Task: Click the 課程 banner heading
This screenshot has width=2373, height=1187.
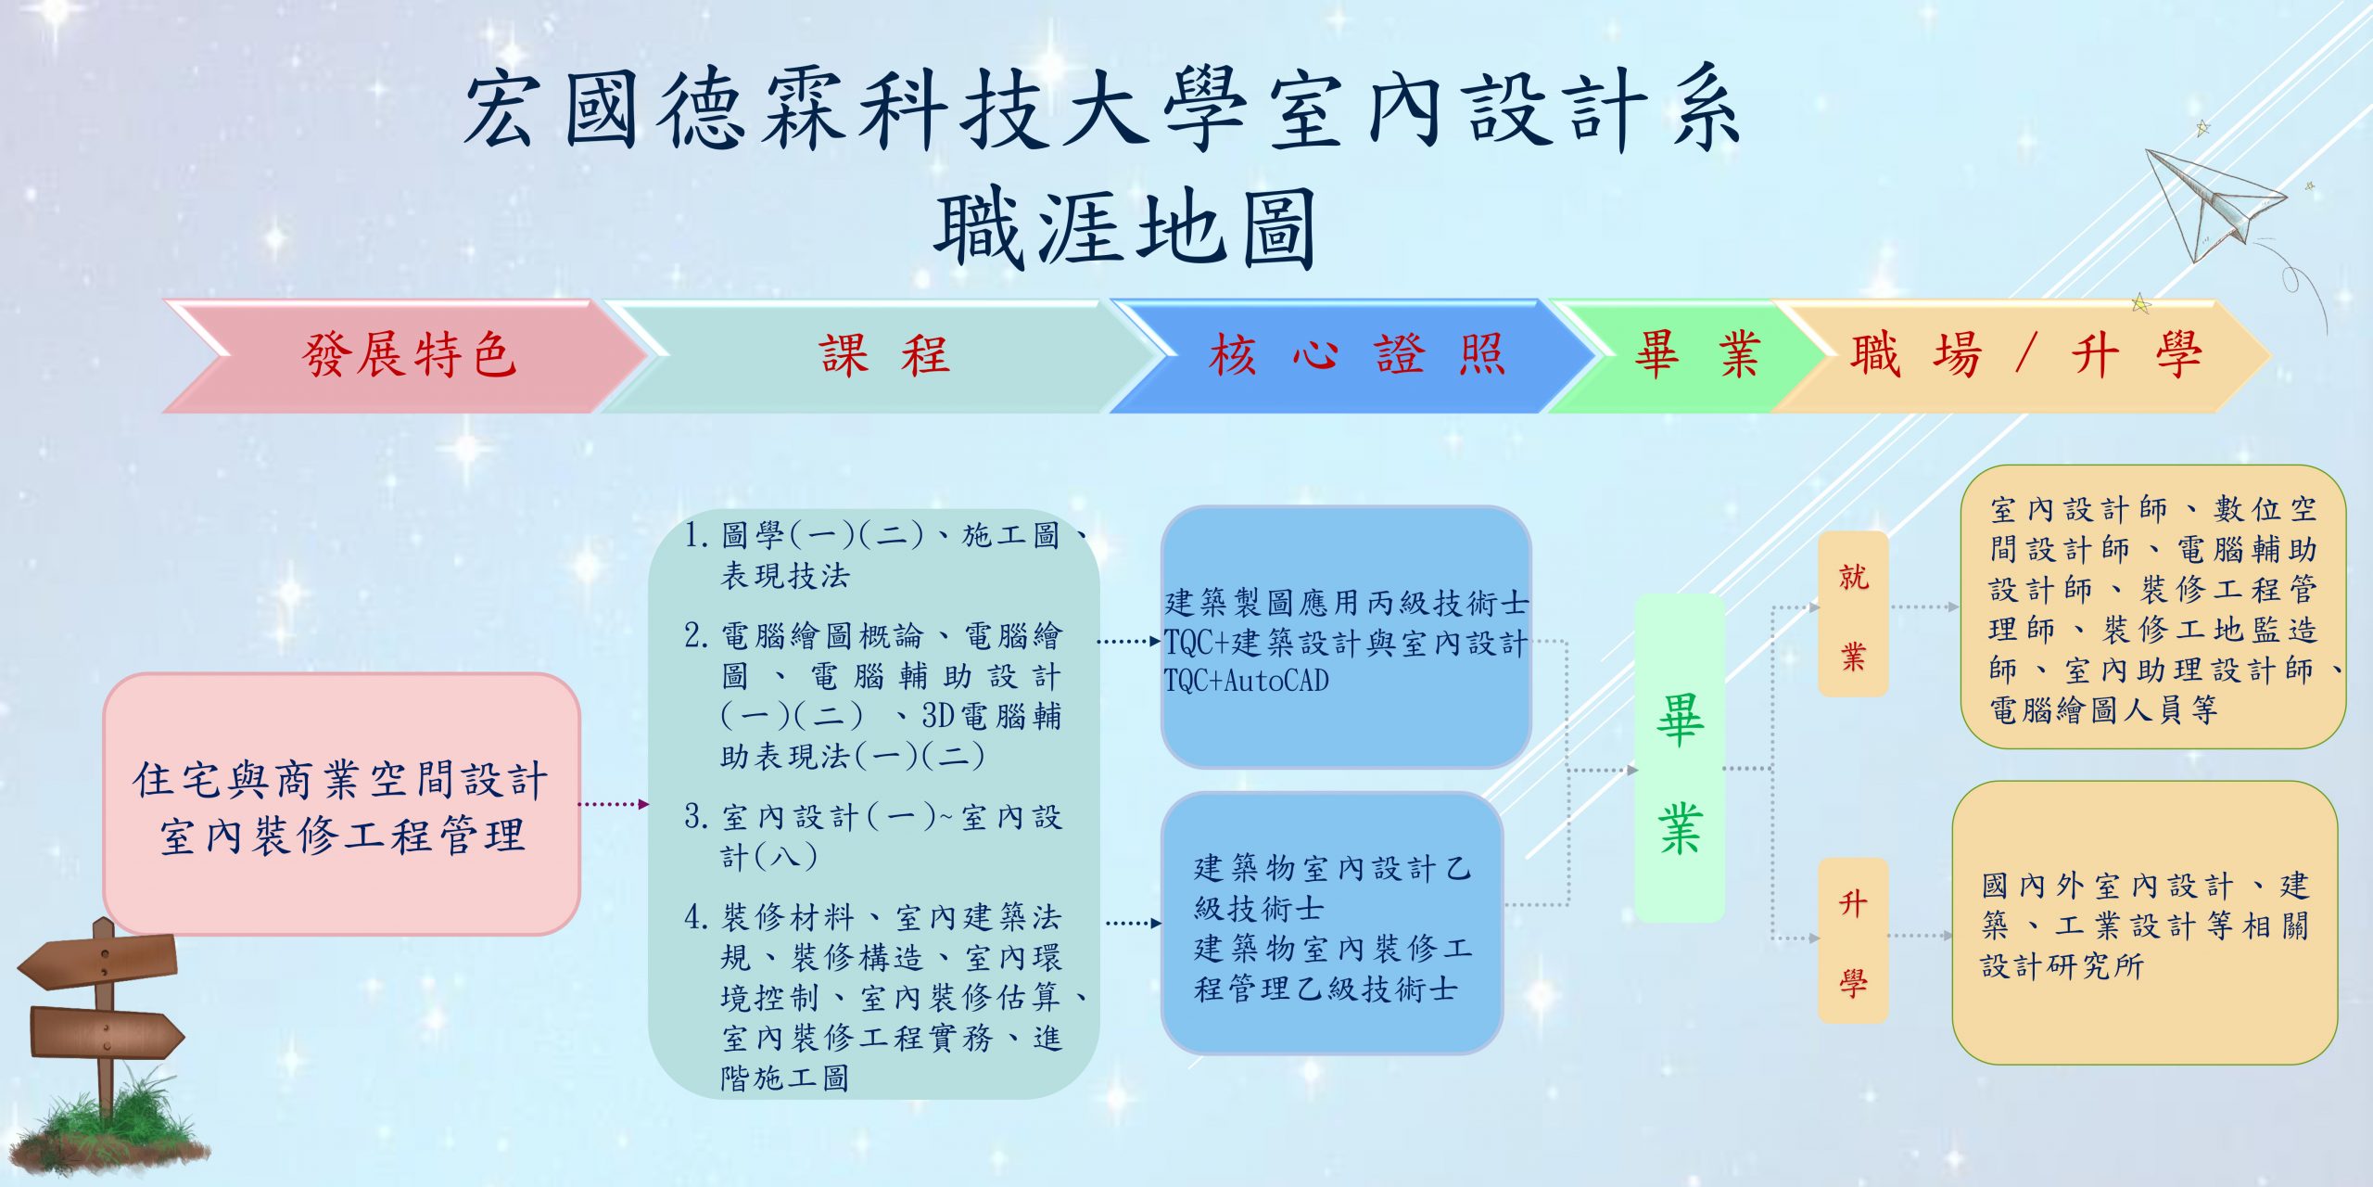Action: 884,355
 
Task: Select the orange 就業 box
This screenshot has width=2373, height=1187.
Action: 1853,614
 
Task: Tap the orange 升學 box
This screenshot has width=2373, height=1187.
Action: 1853,940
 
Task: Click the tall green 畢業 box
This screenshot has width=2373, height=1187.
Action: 1680,758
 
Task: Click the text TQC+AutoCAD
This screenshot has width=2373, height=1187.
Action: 1247,682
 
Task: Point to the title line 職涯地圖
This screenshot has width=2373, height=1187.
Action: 1125,228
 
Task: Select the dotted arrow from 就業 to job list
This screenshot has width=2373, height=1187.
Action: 1924,607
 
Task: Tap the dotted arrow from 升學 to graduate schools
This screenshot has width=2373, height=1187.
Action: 1919,936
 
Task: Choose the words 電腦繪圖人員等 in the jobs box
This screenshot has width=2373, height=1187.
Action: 2103,710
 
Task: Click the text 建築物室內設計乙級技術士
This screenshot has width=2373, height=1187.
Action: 1332,888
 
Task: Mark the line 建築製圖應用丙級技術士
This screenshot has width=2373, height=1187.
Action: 1347,603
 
